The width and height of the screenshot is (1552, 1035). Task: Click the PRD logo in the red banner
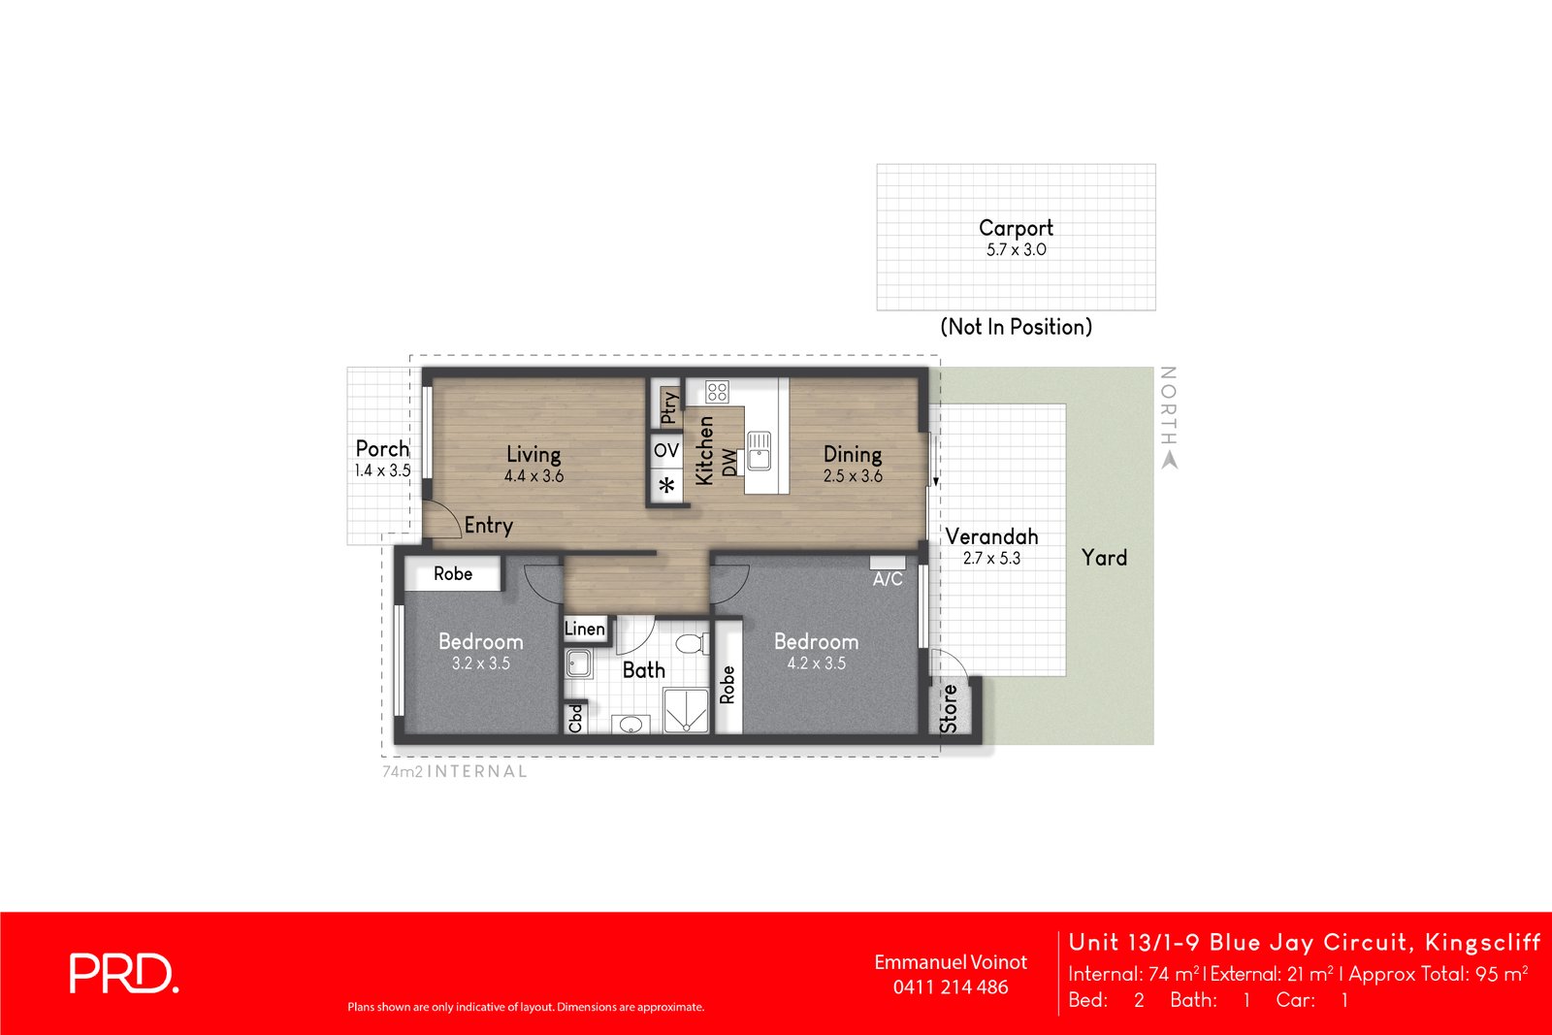tap(124, 973)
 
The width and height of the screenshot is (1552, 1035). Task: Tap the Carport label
tap(1016, 228)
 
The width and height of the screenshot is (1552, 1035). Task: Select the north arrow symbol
tap(1170, 460)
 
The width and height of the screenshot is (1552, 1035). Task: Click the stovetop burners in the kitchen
tap(717, 392)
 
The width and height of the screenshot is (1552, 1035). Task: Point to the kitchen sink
tap(760, 450)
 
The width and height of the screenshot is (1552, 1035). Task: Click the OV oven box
tap(666, 450)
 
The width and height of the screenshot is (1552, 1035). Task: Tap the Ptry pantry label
tap(669, 406)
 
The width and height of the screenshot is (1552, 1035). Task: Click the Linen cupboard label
tap(585, 629)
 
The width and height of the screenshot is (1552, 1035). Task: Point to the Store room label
tap(949, 709)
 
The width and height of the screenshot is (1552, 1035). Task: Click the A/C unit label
tap(888, 579)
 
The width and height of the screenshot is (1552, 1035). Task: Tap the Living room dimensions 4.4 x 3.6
tap(533, 476)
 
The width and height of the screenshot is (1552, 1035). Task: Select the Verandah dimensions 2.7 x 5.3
tap(991, 558)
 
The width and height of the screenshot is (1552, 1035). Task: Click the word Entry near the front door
tap(489, 525)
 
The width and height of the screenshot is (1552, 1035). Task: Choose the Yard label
tap(1105, 558)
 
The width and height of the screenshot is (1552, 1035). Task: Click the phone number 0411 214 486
tap(951, 987)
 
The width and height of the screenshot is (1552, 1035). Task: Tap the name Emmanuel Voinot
tap(951, 962)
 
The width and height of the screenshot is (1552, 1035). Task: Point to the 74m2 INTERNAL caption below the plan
tap(455, 772)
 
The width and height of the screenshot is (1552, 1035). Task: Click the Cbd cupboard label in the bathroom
tap(575, 719)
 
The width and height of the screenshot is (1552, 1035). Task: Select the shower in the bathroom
tap(686, 711)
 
